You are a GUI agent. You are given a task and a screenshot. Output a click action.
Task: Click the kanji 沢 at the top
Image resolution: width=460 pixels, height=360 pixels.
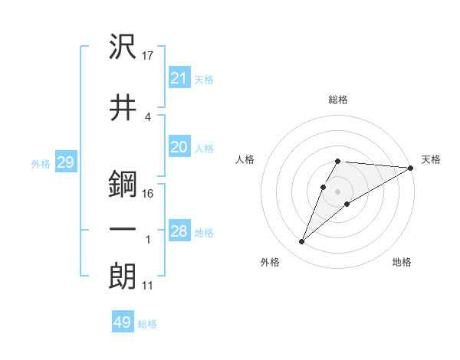[123, 47]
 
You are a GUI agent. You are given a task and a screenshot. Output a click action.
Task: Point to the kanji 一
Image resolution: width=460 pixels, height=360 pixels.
[123, 229]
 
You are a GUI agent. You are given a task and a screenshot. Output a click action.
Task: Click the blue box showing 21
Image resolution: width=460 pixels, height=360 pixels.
[179, 77]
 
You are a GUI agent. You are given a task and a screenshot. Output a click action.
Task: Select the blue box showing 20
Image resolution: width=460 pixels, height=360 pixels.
[179, 147]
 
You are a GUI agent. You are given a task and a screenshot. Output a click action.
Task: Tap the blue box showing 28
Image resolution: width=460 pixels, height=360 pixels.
[179, 231]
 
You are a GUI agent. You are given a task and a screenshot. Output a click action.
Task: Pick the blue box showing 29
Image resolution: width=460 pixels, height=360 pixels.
[65, 162]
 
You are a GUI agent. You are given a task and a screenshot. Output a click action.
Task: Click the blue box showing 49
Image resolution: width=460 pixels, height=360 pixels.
[123, 322]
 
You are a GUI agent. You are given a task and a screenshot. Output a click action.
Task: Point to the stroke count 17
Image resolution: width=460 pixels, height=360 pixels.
[149, 55]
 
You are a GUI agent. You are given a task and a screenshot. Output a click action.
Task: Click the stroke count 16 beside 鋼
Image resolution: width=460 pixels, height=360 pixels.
[148, 193]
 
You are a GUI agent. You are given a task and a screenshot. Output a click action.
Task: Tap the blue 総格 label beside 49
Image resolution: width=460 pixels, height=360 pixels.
[147, 325]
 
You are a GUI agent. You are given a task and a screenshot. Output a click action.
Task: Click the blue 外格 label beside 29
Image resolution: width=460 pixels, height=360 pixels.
[41, 164]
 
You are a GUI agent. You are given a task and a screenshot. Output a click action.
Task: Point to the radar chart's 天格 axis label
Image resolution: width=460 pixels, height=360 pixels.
[431, 159]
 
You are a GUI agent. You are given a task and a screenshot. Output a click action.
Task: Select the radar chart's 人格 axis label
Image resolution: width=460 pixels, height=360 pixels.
[245, 159]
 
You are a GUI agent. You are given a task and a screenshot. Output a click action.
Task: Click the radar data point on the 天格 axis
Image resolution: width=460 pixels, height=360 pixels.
[411, 168]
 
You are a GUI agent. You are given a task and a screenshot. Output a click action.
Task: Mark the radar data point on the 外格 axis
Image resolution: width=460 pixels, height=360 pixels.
[302, 242]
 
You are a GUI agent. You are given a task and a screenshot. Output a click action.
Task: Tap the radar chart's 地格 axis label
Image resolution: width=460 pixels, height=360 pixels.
[402, 263]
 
